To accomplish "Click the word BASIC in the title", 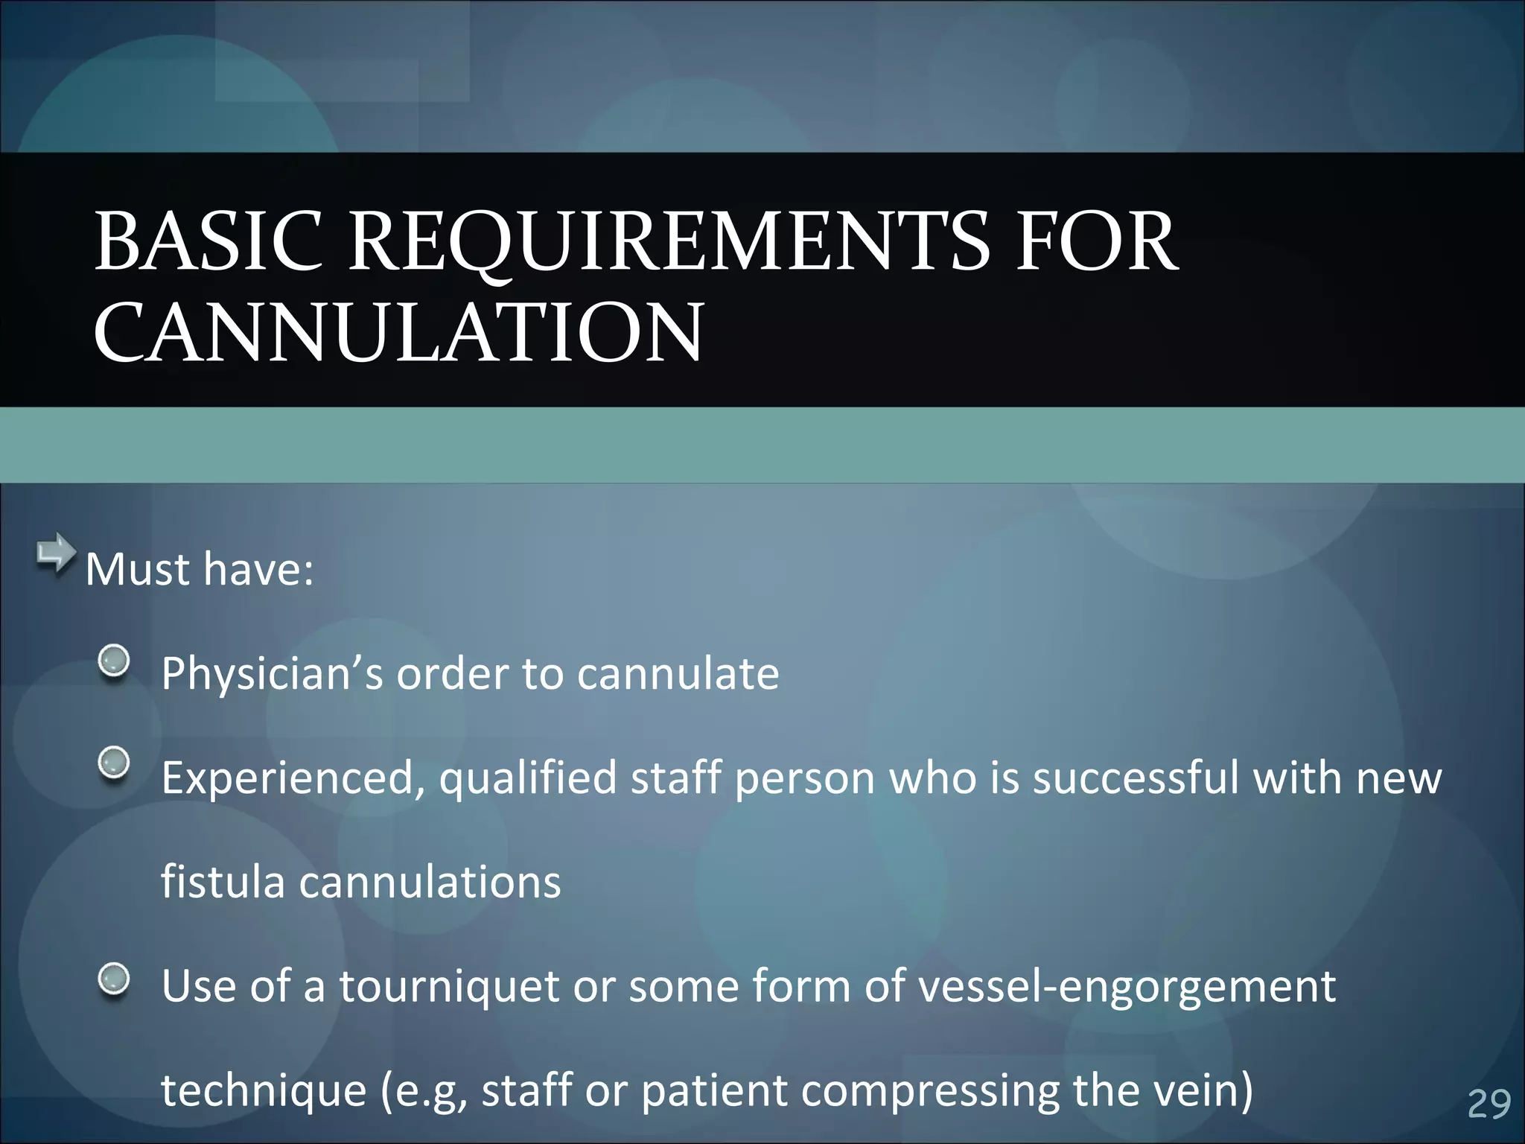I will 208,241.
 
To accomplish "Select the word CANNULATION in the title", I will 398,333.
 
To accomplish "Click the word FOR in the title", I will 1098,241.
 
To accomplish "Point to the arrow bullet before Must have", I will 56,554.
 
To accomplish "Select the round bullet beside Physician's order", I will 114,661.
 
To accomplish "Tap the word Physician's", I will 272,674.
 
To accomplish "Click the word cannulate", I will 678,674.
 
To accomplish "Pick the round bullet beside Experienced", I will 114,763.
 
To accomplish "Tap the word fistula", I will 223,882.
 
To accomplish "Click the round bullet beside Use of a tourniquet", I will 114,978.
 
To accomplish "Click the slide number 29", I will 1489,1104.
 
